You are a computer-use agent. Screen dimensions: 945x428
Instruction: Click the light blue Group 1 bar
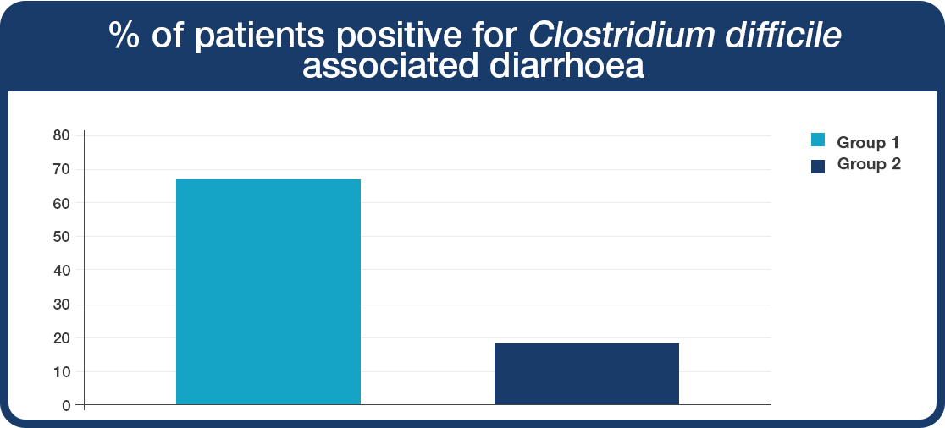tap(268, 292)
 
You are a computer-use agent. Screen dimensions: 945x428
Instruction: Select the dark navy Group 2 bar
tap(587, 374)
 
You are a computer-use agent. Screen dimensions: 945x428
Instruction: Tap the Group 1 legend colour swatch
tap(818, 140)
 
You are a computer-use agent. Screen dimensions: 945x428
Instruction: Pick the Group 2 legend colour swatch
tap(818, 167)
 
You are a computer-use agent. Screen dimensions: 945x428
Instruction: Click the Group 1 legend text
tap(869, 143)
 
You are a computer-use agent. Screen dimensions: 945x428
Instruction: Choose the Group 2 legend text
tap(869, 164)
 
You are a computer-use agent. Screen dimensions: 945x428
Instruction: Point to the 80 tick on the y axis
tap(63, 135)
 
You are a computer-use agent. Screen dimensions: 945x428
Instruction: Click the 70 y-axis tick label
tap(63, 169)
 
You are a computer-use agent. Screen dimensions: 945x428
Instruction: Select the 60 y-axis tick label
tap(63, 203)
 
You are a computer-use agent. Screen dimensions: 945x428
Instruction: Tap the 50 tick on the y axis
tap(63, 237)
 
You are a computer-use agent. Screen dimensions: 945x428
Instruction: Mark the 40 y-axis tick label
tap(63, 271)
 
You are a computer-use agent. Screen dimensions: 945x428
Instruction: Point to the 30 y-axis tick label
tap(63, 304)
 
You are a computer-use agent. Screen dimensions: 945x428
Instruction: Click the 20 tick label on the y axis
tap(63, 337)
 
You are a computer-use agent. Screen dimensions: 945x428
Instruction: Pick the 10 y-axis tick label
tap(63, 371)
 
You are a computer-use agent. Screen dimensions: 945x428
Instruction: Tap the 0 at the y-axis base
tap(67, 405)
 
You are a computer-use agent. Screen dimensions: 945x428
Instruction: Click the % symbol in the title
tap(124, 37)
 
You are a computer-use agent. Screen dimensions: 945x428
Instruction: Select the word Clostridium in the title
tap(622, 36)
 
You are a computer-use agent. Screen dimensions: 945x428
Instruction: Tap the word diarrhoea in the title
tap(566, 66)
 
